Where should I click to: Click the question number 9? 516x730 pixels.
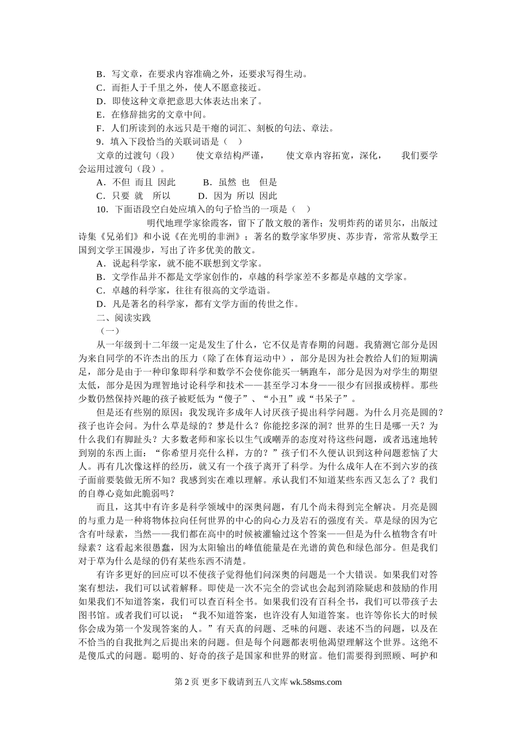pyautogui.click(x=99, y=142)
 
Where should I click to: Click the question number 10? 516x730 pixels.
pyautogui.click(x=101, y=209)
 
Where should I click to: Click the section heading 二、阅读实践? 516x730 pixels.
pyautogui.click(x=123, y=318)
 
